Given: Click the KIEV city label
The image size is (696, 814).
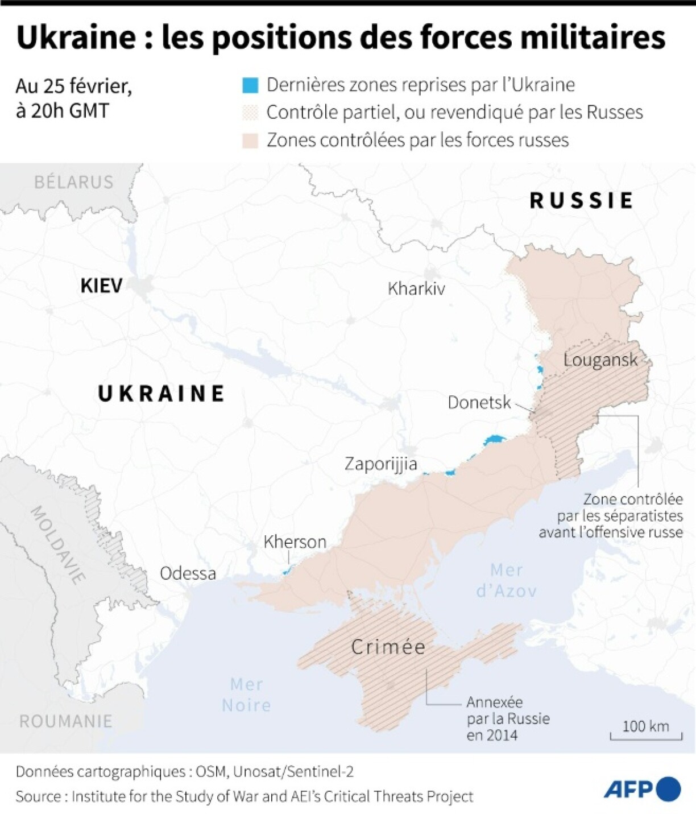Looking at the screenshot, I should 101,285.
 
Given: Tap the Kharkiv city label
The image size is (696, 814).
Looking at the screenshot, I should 416,288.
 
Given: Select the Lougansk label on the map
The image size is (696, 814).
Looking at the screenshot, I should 600,360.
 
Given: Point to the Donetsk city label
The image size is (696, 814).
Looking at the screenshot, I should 479,403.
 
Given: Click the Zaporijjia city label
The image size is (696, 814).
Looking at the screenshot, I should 380,464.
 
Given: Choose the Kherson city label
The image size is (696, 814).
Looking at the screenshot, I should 295,542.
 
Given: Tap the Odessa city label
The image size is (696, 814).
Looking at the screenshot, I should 188,573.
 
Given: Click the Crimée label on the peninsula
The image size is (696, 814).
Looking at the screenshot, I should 388,647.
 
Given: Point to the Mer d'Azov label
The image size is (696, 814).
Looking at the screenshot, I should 506,580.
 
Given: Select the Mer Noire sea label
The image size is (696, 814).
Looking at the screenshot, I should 246,695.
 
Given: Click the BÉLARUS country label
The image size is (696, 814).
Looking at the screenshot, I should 74,182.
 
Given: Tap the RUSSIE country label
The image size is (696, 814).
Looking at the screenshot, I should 581,200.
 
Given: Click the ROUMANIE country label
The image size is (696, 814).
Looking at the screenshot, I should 66,721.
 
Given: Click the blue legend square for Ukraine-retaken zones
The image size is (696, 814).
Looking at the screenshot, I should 250,85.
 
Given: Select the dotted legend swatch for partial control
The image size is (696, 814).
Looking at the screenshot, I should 250,113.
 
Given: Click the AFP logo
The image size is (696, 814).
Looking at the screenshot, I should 641,789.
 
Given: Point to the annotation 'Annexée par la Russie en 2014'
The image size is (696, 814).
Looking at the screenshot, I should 508,718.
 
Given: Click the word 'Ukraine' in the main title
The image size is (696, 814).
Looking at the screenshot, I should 76,38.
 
